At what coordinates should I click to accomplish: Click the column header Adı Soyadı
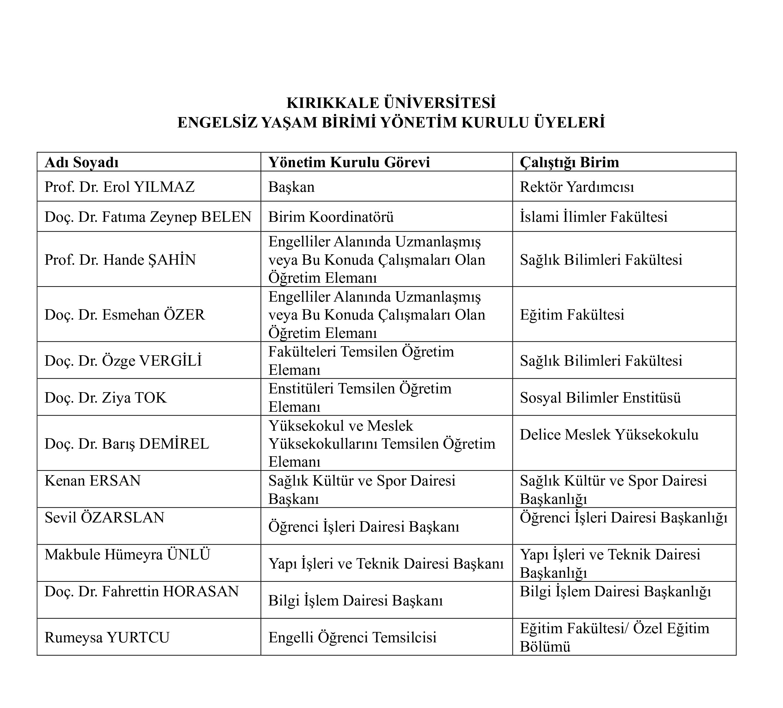(81, 162)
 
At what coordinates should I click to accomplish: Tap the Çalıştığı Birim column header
(569, 162)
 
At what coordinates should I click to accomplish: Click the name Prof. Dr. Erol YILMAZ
(119, 187)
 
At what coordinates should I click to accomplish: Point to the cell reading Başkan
(291, 187)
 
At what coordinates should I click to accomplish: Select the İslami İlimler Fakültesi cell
(593, 217)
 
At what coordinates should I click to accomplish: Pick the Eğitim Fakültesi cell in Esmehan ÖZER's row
(572, 315)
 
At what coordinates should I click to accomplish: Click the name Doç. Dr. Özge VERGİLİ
(123, 360)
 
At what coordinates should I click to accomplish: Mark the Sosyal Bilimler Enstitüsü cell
(600, 398)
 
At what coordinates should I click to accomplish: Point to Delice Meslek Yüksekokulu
(608, 434)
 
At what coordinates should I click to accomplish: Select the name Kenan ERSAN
(92, 481)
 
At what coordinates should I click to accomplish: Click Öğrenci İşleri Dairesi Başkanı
(364, 527)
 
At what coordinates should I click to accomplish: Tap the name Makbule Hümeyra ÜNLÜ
(127, 555)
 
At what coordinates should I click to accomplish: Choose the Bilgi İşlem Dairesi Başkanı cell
(355, 600)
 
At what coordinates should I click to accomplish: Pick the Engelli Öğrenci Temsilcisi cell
(352, 637)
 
